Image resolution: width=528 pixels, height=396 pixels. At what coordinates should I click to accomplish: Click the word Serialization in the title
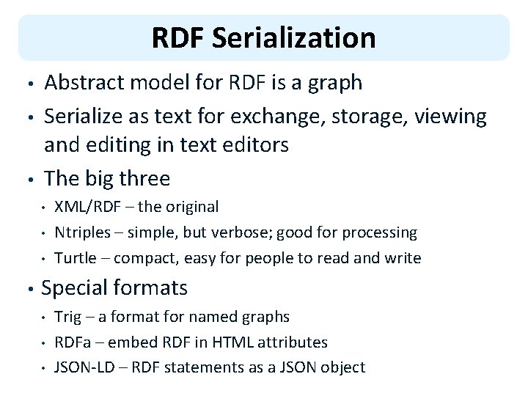[293, 38]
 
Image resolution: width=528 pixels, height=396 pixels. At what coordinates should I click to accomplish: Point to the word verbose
[239, 233]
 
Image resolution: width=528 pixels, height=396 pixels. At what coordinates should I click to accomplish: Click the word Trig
[68, 317]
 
